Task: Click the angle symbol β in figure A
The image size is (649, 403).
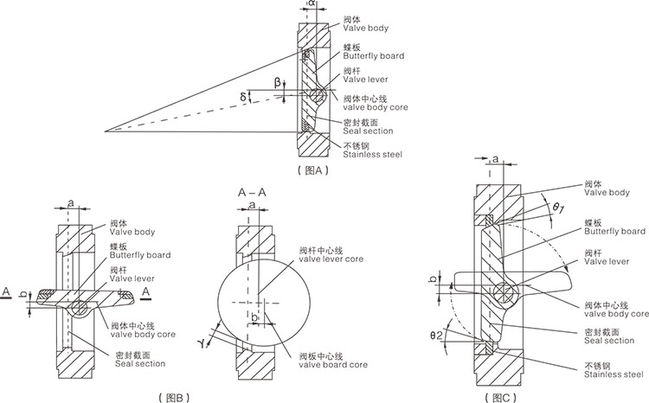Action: (x=278, y=83)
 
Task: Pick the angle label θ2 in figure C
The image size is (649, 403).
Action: (x=438, y=335)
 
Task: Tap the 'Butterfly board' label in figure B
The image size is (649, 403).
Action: (x=139, y=255)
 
